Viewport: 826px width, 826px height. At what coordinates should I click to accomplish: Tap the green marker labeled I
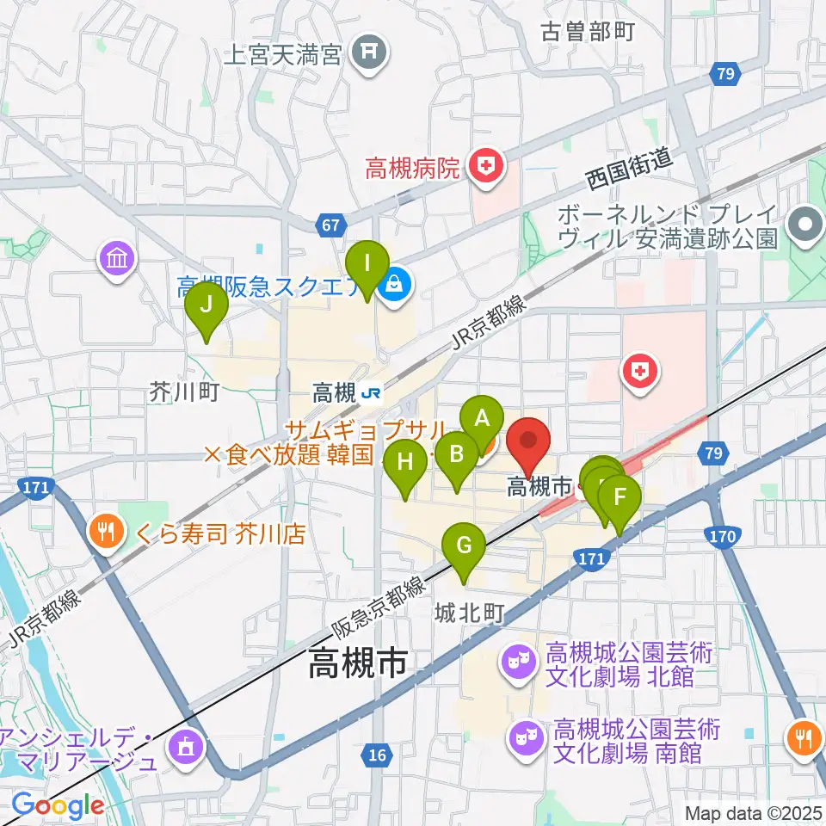click(x=367, y=262)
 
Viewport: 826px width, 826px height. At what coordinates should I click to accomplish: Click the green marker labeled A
click(x=483, y=419)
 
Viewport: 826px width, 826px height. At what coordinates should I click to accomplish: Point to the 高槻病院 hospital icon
click(x=487, y=165)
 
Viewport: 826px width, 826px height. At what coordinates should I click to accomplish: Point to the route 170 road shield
click(x=723, y=538)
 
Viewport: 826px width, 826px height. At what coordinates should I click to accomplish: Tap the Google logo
click(x=57, y=805)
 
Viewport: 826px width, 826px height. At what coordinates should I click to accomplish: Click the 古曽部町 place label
click(x=588, y=33)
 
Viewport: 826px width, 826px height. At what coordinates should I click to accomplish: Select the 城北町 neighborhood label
click(x=468, y=613)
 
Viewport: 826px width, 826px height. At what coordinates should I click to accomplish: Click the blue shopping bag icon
click(x=395, y=288)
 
